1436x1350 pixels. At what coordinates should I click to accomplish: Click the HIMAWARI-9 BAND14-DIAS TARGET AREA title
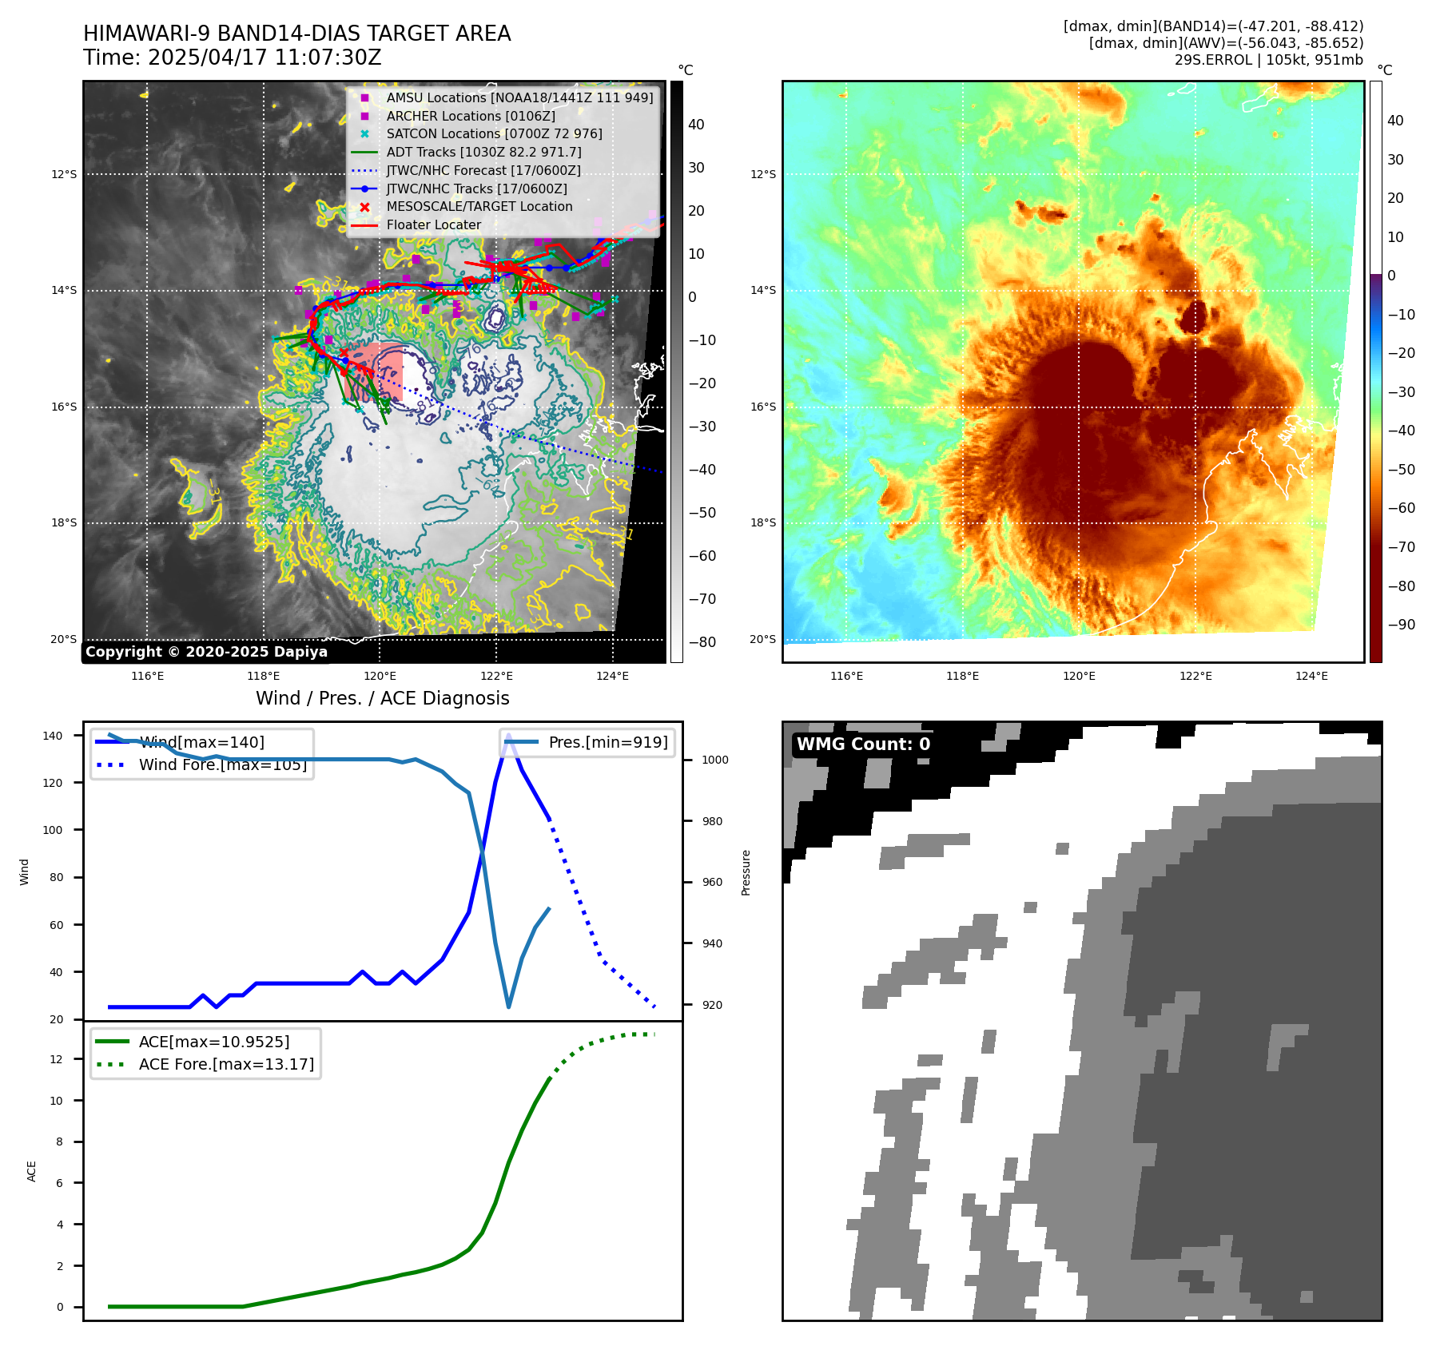(x=296, y=34)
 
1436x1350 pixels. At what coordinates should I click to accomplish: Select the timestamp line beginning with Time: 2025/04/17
(x=232, y=58)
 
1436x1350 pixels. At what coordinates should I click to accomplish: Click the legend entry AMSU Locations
(x=519, y=97)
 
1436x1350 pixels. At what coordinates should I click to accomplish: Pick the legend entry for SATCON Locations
(x=494, y=133)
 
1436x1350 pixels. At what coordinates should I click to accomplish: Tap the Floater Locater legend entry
(x=433, y=225)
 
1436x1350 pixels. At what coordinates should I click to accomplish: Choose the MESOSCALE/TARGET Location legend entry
(x=479, y=207)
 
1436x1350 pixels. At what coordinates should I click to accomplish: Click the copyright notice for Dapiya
(x=206, y=652)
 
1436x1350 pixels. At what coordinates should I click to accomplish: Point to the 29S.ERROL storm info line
(x=1268, y=60)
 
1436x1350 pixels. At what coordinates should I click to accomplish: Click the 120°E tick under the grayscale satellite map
(x=380, y=676)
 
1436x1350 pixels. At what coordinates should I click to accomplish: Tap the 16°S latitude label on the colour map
(x=762, y=407)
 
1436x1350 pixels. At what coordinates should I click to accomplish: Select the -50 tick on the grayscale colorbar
(x=702, y=513)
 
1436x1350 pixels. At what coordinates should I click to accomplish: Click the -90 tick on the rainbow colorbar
(x=1402, y=625)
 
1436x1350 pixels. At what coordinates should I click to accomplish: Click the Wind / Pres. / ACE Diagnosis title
(x=382, y=698)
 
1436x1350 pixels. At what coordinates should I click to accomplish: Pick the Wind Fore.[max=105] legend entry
(x=222, y=764)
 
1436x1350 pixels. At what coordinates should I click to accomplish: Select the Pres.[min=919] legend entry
(x=607, y=742)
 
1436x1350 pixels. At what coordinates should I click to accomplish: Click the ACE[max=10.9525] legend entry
(x=213, y=1042)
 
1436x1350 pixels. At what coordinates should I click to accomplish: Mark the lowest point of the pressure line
(x=509, y=1007)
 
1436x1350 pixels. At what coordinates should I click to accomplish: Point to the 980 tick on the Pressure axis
(x=711, y=821)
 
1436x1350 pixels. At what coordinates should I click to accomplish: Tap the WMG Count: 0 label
(x=863, y=744)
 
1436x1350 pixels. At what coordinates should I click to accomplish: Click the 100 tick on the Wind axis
(x=52, y=830)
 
